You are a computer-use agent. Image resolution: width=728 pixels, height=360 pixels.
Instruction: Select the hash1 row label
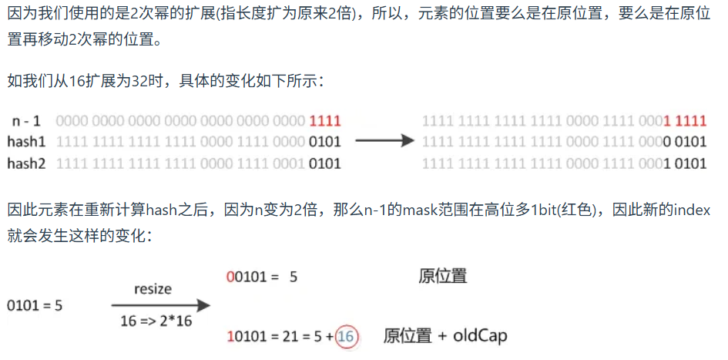pyautogui.click(x=28, y=142)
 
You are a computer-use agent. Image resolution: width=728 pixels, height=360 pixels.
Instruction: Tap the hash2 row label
pyautogui.click(x=28, y=163)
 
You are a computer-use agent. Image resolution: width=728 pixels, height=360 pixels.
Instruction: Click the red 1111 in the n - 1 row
pyautogui.click(x=324, y=121)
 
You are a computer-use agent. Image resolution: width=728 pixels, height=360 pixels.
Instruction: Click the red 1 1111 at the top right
pyautogui.click(x=685, y=121)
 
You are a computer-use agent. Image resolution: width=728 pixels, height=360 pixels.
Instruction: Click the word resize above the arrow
pyautogui.click(x=153, y=290)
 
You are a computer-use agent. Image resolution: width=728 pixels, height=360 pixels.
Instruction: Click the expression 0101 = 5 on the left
pyautogui.click(x=35, y=305)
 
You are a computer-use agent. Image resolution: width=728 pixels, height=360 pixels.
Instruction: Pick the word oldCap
pyautogui.click(x=480, y=336)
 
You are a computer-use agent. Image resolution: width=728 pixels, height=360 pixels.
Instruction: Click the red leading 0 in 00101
pyautogui.click(x=230, y=276)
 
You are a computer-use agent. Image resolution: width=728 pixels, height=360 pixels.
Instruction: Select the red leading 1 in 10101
pyautogui.click(x=230, y=336)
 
